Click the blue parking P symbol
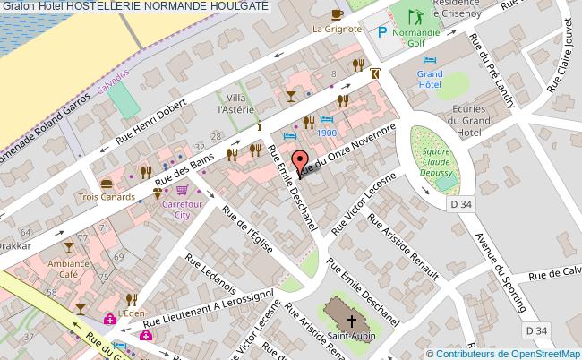pos(382,33)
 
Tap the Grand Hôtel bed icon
pos(429,60)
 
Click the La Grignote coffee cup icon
pos(337,13)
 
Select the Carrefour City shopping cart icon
pos(184,190)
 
